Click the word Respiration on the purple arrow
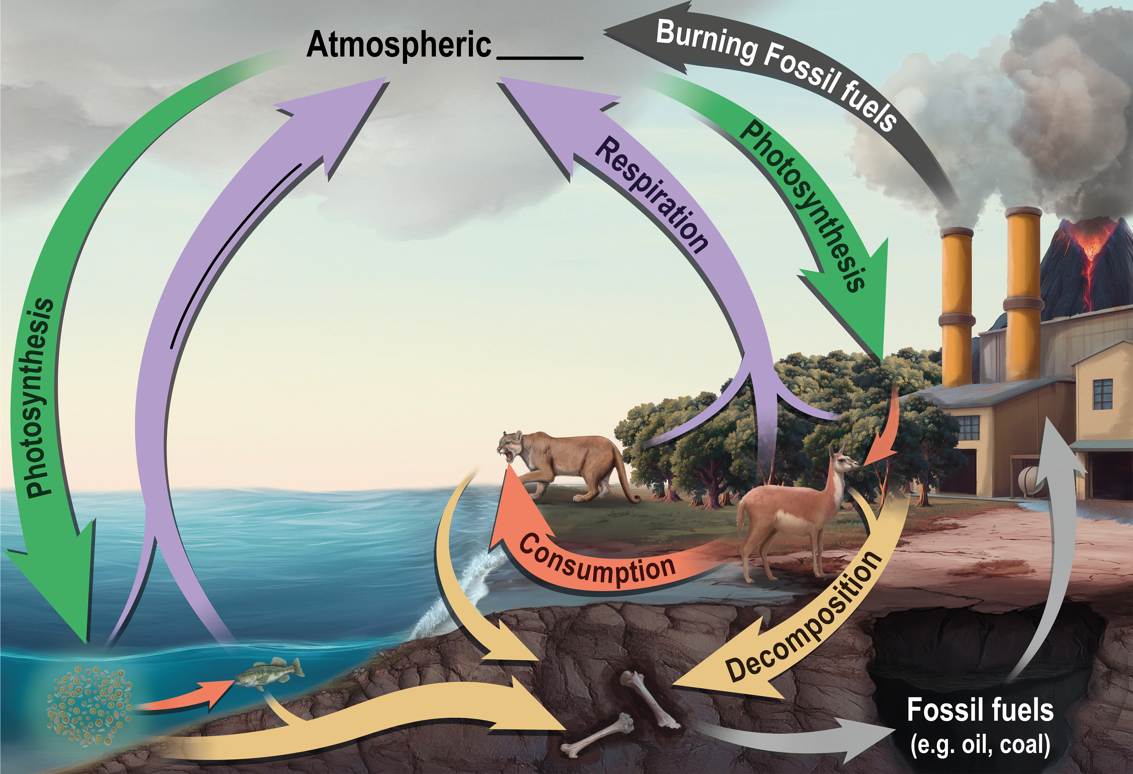651,195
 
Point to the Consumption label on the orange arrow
597,561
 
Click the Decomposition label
804,617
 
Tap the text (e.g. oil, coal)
980,745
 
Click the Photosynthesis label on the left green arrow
39,397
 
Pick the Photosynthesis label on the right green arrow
802,205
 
